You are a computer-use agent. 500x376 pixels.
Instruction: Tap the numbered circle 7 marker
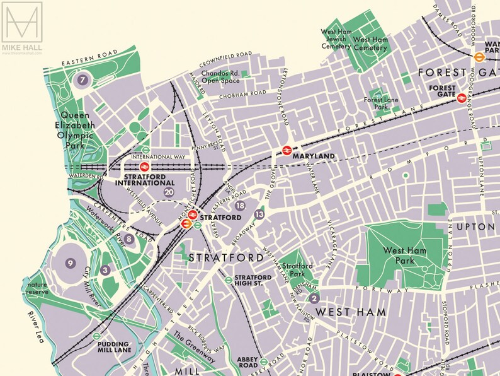pos(82,80)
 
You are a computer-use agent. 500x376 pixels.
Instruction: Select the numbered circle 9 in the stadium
pos(71,263)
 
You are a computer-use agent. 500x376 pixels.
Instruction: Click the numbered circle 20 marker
pos(168,192)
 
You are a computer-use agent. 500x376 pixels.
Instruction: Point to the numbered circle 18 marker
pos(239,206)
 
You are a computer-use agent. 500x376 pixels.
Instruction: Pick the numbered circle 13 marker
pos(259,215)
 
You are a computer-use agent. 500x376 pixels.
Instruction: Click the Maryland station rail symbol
pos(287,150)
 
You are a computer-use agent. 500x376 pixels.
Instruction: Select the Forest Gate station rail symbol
pos(462,98)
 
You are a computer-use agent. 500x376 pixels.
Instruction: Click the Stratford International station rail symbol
pos(144,167)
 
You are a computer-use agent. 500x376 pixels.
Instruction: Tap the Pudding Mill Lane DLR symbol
pos(96,336)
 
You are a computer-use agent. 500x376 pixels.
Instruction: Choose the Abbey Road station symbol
pos(265,362)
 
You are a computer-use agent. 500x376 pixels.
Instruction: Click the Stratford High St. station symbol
pos(228,280)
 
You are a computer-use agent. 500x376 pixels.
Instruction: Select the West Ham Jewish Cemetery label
pos(336,38)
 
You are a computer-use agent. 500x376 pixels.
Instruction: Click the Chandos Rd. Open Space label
pos(220,77)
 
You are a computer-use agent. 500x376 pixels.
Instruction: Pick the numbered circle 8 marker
pos(129,239)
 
